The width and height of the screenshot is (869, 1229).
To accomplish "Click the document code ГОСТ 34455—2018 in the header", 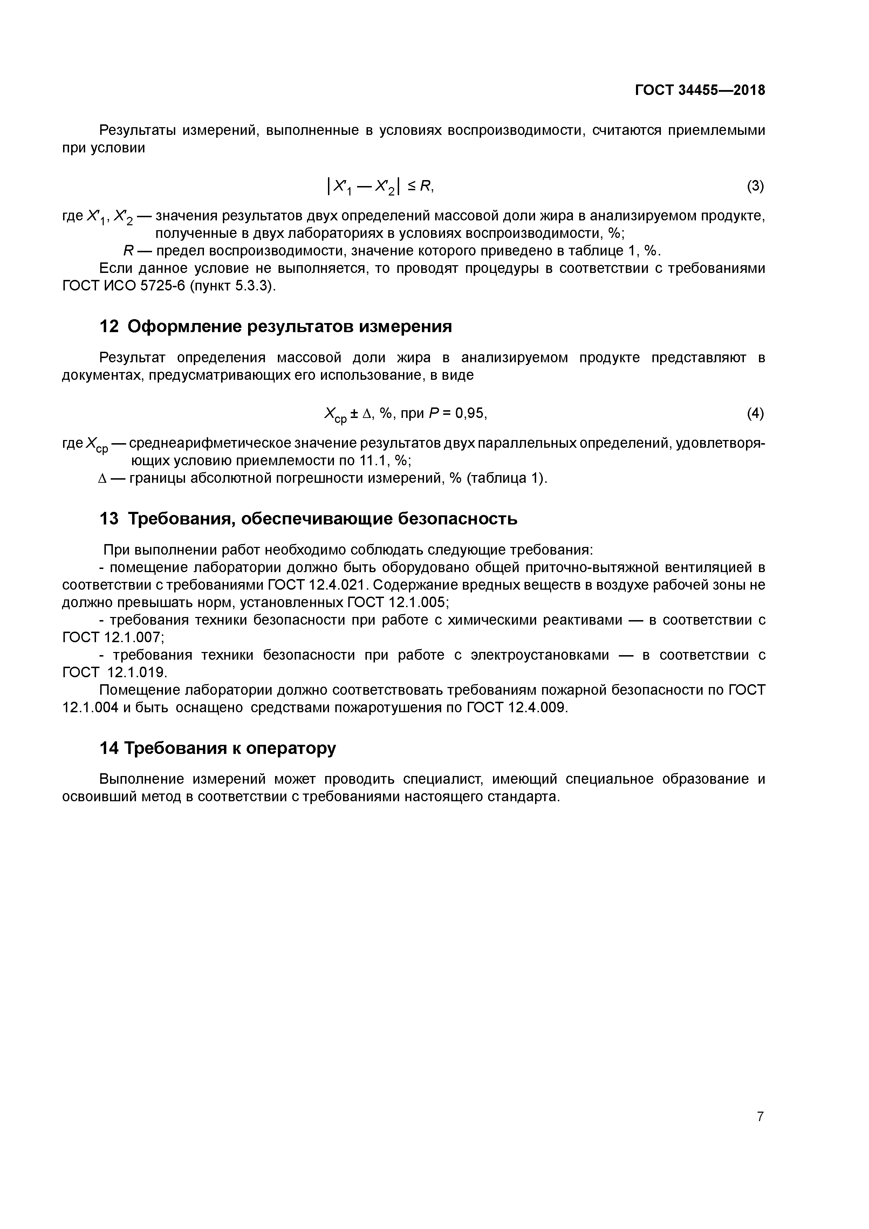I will [x=700, y=90].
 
